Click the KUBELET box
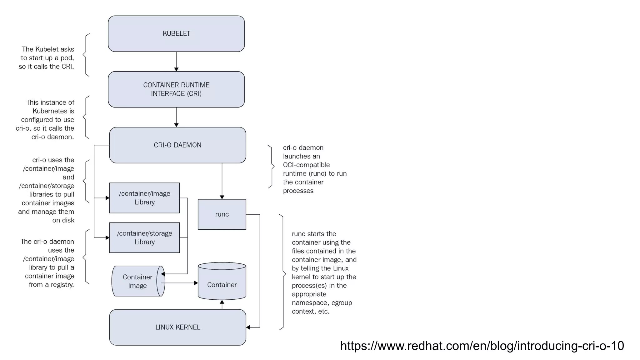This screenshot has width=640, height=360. pos(176,34)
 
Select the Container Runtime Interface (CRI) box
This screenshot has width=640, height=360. pos(176,89)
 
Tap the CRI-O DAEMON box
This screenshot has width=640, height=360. pos(177,145)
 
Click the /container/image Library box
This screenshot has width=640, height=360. pos(144,198)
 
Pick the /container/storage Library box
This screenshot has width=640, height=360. pos(144,237)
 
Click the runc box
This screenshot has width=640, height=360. pos(222,214)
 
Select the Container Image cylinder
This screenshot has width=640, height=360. pos(137,281)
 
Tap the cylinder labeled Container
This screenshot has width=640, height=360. pos(222,284)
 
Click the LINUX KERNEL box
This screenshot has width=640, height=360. pos(177,327)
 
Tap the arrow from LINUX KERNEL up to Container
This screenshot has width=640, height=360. pos(222,305)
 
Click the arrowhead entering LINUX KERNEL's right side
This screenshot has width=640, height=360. pos(248,327)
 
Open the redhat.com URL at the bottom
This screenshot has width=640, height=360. pos(482,346)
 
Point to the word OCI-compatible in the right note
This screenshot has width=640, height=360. pos(306,165)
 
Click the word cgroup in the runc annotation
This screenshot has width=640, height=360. pos(342,303)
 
